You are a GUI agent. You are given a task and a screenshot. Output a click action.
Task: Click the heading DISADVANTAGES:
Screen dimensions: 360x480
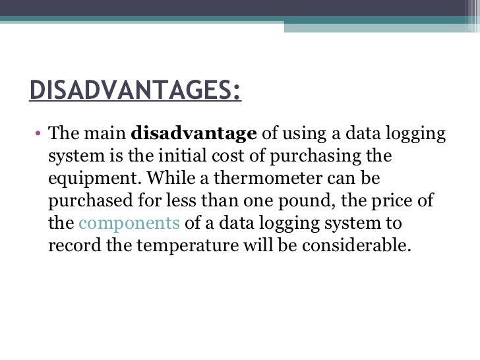click(x=135, y=90)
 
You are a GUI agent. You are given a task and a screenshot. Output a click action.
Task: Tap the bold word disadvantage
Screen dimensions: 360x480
click(x=194, y=134)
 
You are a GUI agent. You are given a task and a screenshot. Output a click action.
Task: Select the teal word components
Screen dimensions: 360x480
click(x=129, y=223)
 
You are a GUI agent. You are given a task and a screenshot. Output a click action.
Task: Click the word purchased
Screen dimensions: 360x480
click(x=85, y=201)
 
